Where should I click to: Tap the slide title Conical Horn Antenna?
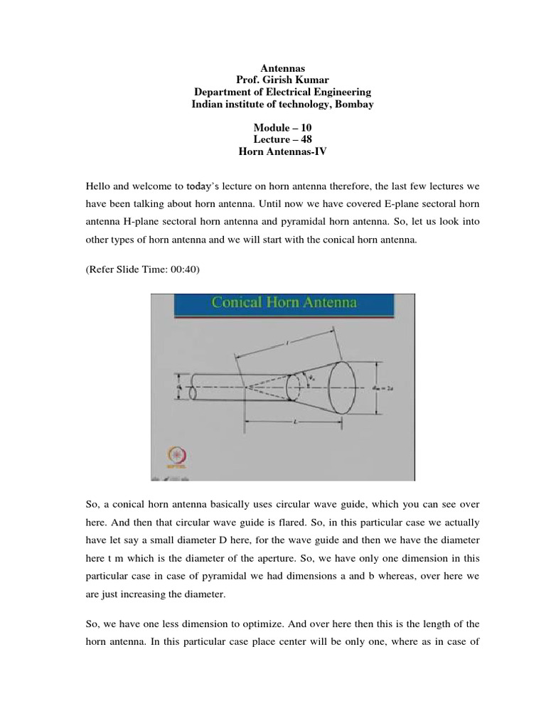coord(284,303)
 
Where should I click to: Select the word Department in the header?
coord(225,93)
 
